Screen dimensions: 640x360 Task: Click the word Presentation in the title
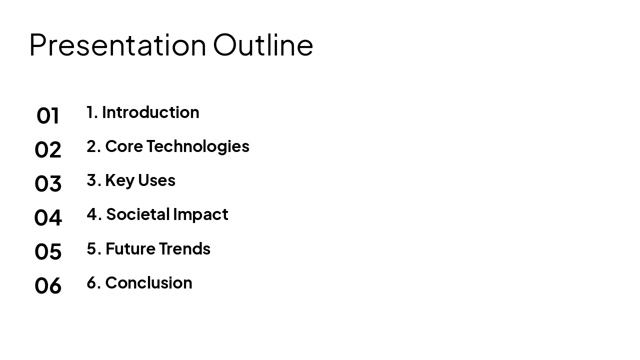point(117,45)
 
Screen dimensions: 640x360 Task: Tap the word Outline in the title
point(263,45)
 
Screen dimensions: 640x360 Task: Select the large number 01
point(47,115)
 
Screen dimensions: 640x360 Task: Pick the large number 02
point(47,149)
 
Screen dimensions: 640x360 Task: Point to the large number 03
point(47,183)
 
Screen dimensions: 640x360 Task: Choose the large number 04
point(47,217)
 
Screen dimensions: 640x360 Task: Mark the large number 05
point(47,251)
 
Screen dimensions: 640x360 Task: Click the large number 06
point(47,285)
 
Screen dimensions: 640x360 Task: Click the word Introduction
point(150,112)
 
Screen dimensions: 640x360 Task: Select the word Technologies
point(198,147)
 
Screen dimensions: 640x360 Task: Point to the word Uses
point(156,180)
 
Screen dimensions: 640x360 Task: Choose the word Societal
point(138,214)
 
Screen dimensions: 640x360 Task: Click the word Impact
point(200,215)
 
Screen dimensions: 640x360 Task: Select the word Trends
point(184,248)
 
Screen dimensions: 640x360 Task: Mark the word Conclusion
point(148,283)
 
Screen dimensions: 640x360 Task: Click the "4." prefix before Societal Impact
point(94,214)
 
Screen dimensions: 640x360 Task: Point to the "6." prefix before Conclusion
point(93,282)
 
